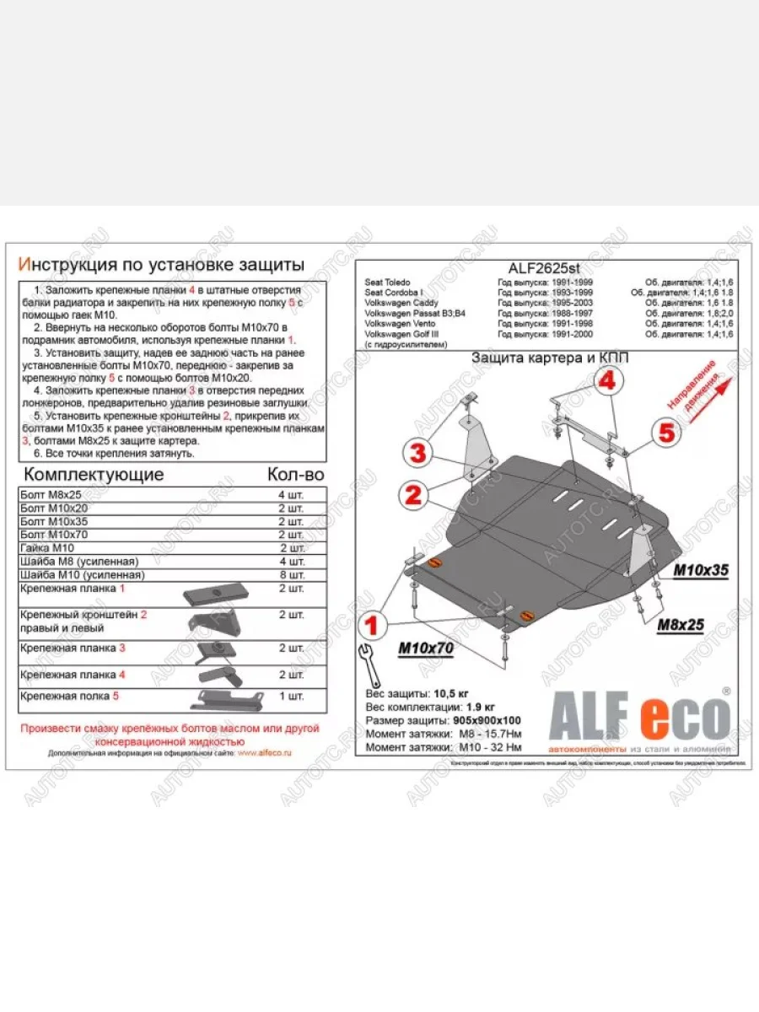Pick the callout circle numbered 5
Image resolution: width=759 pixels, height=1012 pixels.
666,433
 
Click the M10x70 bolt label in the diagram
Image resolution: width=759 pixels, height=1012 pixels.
425,648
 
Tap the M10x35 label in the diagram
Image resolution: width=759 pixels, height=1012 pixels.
700,571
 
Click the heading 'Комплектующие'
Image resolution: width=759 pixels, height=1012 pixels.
93,474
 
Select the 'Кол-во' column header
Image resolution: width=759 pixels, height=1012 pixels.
294,474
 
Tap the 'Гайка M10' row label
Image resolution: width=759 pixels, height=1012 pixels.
46,548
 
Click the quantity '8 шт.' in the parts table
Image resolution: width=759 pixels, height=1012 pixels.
291,575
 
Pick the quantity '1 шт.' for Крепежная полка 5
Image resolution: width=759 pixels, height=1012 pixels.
291,696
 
